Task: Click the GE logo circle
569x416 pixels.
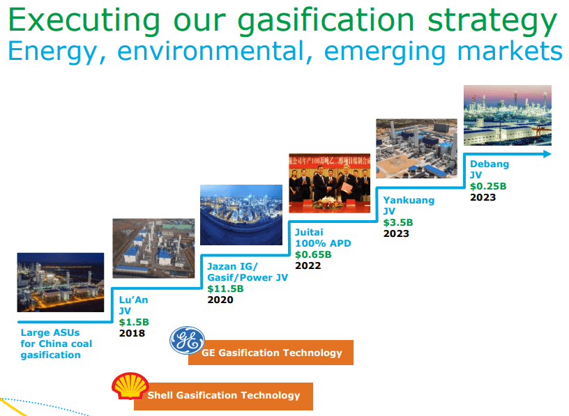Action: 188,341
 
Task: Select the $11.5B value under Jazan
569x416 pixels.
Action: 225,288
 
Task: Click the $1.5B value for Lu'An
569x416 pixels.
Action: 134,322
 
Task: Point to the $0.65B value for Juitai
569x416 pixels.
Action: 313,254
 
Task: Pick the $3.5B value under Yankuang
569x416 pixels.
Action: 398,222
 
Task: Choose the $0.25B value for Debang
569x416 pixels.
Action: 488,186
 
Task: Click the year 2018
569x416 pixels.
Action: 132,333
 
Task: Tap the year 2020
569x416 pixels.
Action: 220,300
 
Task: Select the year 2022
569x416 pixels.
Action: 308,265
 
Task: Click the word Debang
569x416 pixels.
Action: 490,164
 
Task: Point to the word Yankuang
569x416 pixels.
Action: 409,200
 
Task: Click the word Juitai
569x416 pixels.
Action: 310,232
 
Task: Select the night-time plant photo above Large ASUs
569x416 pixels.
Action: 61,282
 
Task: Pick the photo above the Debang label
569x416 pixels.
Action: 508,115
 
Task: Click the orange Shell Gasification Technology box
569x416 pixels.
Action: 224,396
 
